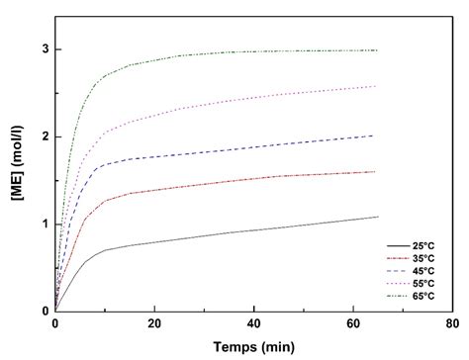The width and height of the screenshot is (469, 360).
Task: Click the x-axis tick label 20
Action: (154, 324)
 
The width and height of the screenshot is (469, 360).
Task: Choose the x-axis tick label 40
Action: (253, 324)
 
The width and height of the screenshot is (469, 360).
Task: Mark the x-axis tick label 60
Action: (352, 324)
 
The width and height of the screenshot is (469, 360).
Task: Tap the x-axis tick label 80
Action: (451, 324)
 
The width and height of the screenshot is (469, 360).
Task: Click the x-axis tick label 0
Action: (55, 324)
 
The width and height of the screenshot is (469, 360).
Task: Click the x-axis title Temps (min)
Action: (253, 347)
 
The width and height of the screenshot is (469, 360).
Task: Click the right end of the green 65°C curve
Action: (377, 50)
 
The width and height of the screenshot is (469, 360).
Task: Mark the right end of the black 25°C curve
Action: (377, 217)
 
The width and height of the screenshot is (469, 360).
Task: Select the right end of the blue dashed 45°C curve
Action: (377, 135)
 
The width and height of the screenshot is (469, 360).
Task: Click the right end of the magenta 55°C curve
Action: (377, 86)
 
